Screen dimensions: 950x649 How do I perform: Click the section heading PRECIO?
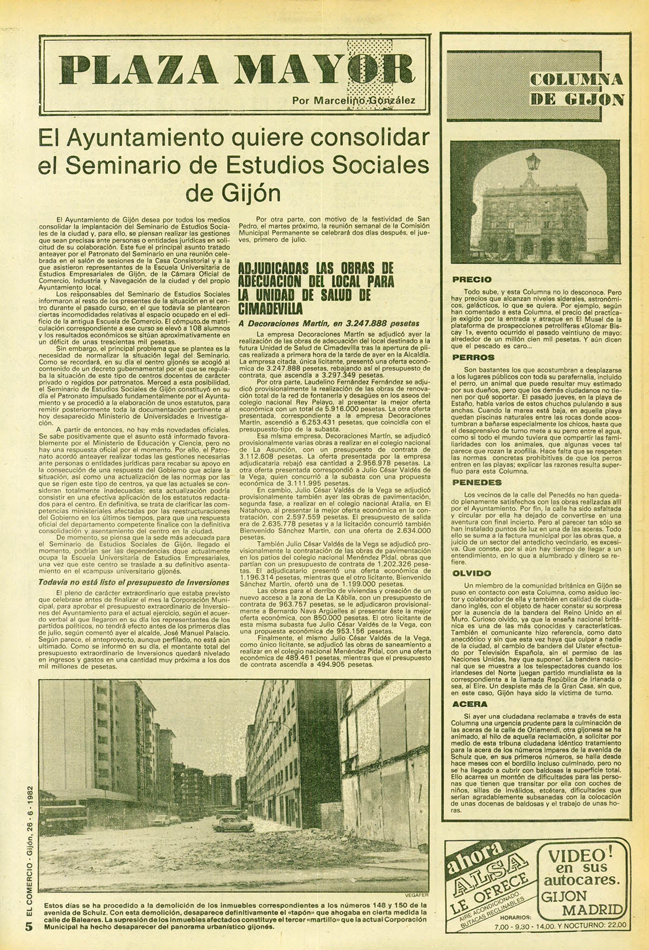point(472,279)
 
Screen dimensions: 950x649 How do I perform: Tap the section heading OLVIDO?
point(472,573)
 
